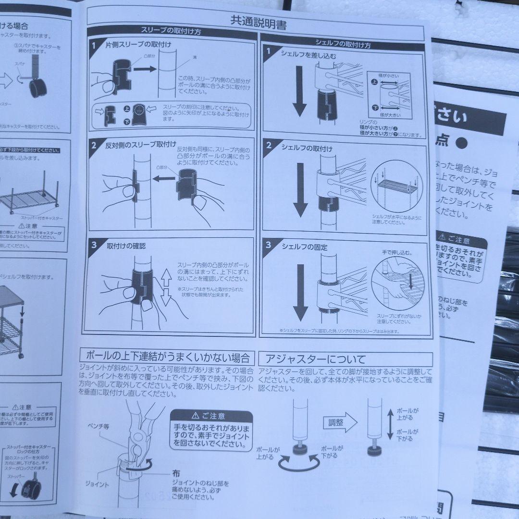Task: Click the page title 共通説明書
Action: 258,22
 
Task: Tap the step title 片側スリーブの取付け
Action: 138,44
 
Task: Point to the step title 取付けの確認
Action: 126,246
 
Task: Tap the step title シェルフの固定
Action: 305,247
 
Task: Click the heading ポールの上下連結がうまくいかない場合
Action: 167,357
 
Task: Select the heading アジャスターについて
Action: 312,358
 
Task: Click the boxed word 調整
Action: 336,423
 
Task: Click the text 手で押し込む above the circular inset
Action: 397,252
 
